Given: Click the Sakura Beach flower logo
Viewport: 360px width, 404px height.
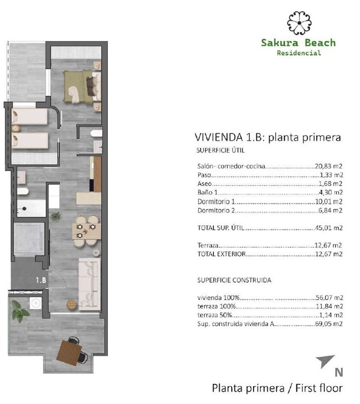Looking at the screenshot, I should [x=298, y=23].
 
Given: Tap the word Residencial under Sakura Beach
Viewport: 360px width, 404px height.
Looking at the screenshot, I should [x=298, y=53].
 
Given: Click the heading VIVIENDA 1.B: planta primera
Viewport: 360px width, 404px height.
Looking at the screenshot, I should [x=268, y=138].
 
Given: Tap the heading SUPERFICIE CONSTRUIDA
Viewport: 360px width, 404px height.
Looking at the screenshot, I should [x=234, y=280].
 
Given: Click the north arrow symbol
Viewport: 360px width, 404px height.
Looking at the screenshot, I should [x=325, y=361].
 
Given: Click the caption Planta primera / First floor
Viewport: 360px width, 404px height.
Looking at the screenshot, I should [x=277, y=389].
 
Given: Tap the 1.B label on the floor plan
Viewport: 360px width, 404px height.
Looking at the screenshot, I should [x=42, y=280].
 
